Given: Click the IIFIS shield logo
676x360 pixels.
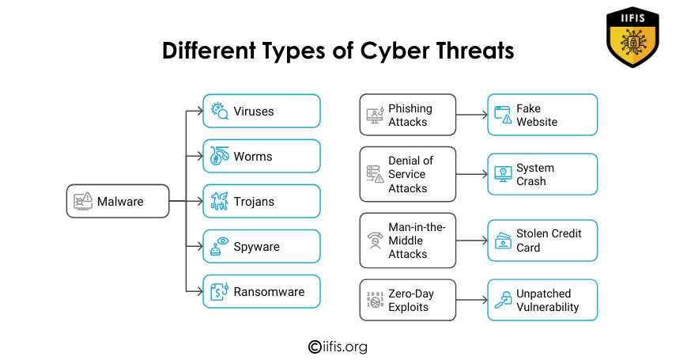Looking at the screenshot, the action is [633, 37].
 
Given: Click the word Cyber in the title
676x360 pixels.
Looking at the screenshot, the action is [393, 51].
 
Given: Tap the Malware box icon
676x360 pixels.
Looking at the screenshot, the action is [83, 201].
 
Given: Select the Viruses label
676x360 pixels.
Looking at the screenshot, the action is [254, 112].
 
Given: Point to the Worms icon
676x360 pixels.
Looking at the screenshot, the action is [220, 156].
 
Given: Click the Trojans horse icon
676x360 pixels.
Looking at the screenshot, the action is [220, 201].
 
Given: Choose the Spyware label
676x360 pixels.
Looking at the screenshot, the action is [256, 247].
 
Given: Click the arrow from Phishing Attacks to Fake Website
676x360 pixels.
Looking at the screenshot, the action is [472, 115].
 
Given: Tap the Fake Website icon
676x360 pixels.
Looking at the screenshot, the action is [503, 115].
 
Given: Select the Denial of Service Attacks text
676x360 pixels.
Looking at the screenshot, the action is [410, 174].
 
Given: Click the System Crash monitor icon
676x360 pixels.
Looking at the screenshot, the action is [503, 174].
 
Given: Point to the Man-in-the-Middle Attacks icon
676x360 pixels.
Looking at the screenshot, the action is [375, 241].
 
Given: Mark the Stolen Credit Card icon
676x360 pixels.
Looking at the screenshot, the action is [503, 241].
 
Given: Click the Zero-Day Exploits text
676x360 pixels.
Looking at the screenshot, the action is [411, 300].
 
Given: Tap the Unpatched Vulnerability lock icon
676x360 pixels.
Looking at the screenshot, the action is [503, 300].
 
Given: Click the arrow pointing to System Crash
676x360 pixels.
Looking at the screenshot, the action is [472, 174].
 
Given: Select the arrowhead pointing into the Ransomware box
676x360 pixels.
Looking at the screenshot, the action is [199, 292].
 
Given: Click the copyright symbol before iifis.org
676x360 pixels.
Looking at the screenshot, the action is [315, 347].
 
